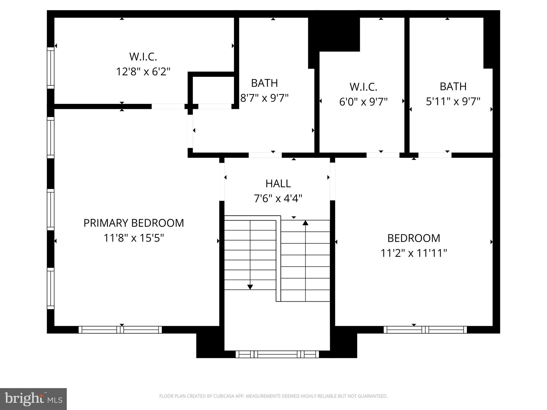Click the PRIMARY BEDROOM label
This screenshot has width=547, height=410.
134,223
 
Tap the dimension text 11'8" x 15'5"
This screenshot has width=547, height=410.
134,238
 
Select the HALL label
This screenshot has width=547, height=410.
278,184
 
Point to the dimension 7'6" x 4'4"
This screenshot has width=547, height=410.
278,199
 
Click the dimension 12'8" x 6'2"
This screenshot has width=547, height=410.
143,72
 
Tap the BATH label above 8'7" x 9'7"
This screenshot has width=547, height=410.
264,83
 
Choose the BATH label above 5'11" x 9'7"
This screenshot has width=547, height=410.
453,86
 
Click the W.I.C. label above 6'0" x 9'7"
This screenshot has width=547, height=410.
363,87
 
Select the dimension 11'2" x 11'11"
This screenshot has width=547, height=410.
414,253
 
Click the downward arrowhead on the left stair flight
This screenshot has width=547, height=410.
250,287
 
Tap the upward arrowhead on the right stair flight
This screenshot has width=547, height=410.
305,223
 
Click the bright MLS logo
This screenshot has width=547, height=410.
33,399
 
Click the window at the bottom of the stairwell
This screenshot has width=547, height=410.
277,354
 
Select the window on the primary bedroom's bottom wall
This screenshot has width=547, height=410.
120,330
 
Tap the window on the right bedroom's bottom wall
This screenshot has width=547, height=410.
425,330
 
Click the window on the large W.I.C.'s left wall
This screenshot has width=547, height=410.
50,68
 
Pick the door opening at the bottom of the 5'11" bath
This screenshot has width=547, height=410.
435,155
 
